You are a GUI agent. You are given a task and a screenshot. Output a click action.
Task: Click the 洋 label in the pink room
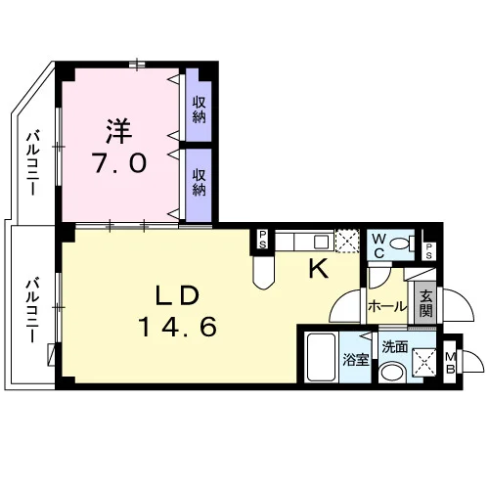coord(119,132)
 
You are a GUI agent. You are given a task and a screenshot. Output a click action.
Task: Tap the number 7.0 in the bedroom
coord(119,163)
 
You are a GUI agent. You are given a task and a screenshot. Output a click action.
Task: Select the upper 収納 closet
coord(199,105)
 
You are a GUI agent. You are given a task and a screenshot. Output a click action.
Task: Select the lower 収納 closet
coord(199,185)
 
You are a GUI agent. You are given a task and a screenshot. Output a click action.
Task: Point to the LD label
coord(177,296)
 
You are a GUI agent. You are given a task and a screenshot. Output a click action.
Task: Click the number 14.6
coord(178,327)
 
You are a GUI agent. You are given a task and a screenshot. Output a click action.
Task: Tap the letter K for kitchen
coord(318,269)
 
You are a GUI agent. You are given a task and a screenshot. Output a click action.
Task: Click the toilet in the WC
coord(402,244)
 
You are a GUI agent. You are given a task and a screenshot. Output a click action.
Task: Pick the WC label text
coord(378,246)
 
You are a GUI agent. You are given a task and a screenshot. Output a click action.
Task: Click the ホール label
coord(387,307)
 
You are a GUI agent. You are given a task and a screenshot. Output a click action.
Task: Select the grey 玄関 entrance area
coord(425,303)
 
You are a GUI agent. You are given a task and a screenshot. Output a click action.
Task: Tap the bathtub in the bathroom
coord(322,357)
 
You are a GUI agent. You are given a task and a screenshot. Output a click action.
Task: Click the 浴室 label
coord(355,360)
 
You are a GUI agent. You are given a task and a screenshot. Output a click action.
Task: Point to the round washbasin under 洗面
coord(393,373)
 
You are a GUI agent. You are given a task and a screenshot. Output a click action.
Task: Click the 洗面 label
coord(395,347)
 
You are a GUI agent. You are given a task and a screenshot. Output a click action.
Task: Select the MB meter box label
coord(451,363)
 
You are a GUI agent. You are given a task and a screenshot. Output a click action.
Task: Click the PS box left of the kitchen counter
coord(262,240)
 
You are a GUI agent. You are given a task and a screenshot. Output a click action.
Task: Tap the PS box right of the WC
coord(428,251)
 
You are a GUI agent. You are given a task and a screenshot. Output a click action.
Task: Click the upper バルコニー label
coord(33,163)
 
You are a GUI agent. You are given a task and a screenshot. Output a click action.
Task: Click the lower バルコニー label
coord(32,310)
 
